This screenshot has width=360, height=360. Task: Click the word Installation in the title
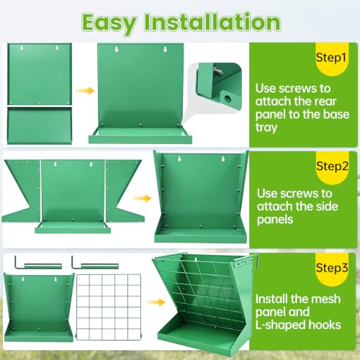click(212, 22)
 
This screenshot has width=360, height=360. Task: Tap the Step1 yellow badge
click(332, 59)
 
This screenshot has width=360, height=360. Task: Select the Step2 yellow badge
click(332, 168)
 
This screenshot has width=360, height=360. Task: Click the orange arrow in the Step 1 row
click(84, 91)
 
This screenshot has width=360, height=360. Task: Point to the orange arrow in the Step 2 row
click(142, 198)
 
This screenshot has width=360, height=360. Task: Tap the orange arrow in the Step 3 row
click(156, 302)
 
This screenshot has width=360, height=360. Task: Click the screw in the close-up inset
click(218, 71)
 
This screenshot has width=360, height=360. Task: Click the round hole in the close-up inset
click(228, 98)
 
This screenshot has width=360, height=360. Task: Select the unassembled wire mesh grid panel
click(109, 307)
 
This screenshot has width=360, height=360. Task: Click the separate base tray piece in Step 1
click(40, 125)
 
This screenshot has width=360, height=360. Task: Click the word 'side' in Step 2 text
click(326, 206)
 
